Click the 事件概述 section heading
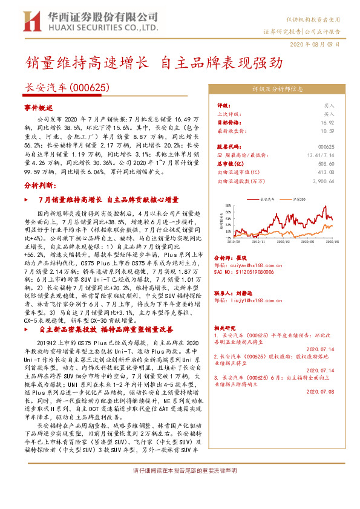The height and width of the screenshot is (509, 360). click(39, 106)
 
